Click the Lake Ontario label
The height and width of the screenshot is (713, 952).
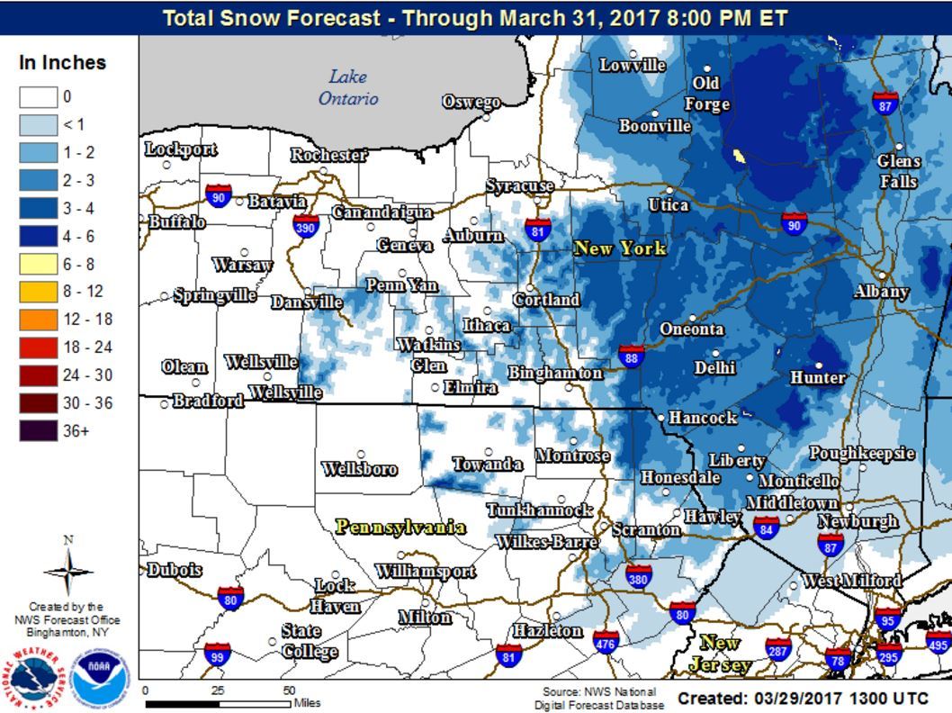click(348, 87)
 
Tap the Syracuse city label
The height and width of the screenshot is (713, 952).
click(519, 185)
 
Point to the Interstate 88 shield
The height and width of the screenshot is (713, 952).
click(631, 356)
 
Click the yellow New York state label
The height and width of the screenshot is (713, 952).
click(620, 248)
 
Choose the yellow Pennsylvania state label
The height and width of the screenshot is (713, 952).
click(400, 527)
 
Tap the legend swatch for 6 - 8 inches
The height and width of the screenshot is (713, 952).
click(39, 264)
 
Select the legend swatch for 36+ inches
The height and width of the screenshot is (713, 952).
click(39, 431)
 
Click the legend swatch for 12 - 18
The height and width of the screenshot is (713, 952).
click(39, 320)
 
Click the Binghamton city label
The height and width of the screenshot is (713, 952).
click(555, 373)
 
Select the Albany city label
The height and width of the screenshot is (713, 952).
click(881, 292)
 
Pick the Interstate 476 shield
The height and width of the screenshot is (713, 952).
click(606, 642)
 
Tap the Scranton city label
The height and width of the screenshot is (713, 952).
click(646, 530)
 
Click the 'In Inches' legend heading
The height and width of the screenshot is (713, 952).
click(62, 63)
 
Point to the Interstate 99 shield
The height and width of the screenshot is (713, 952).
click(217, 654)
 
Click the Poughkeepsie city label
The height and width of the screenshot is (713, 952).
click(861, 453)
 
